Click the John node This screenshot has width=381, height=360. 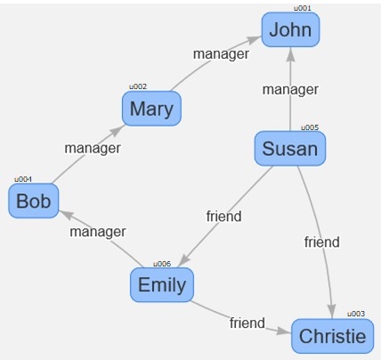290,29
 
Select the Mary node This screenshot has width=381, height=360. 151,109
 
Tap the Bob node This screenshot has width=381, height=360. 34,200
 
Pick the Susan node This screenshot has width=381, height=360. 290,148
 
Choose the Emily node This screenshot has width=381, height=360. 162,284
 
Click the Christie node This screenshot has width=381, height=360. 333,336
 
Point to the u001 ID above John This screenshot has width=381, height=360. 303,8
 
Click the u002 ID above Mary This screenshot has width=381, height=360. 138,86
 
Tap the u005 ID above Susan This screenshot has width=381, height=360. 310,127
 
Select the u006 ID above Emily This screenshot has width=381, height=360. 162,264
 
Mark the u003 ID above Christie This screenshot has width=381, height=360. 356,314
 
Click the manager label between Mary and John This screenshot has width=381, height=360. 221,54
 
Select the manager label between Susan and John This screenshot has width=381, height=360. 290,90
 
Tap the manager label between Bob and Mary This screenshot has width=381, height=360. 93,148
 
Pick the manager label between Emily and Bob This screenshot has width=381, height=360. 98,232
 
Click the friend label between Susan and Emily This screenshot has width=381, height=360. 224,217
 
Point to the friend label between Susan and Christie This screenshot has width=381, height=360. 322,242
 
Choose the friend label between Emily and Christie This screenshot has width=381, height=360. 247,323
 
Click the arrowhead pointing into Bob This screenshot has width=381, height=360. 66,215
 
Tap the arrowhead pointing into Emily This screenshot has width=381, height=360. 184,259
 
